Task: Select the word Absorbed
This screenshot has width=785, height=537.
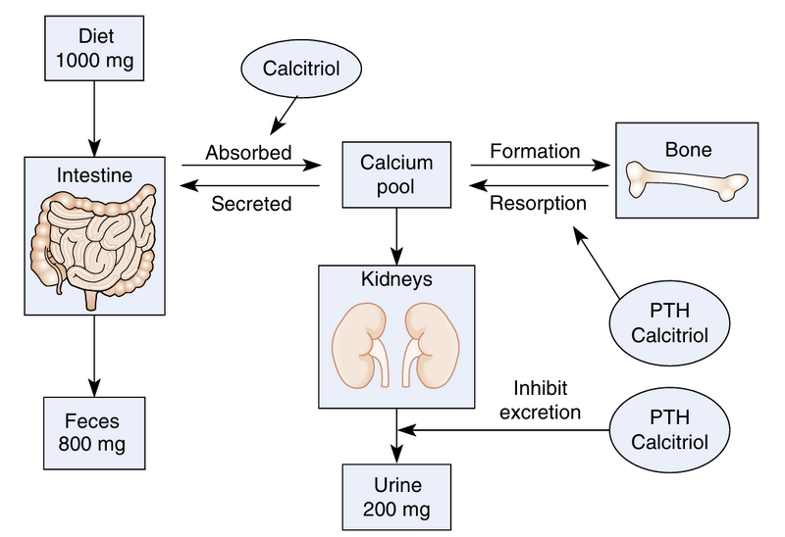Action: tap(249, 153)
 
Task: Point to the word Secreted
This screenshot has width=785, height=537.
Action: tap(252, 204)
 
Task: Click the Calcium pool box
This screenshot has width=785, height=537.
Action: tap(395, 174)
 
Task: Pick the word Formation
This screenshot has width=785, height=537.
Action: tap(534, 152)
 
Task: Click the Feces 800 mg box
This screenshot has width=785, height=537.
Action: tap(94, 432)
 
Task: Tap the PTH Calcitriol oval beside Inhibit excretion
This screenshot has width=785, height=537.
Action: tap(670, 429)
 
